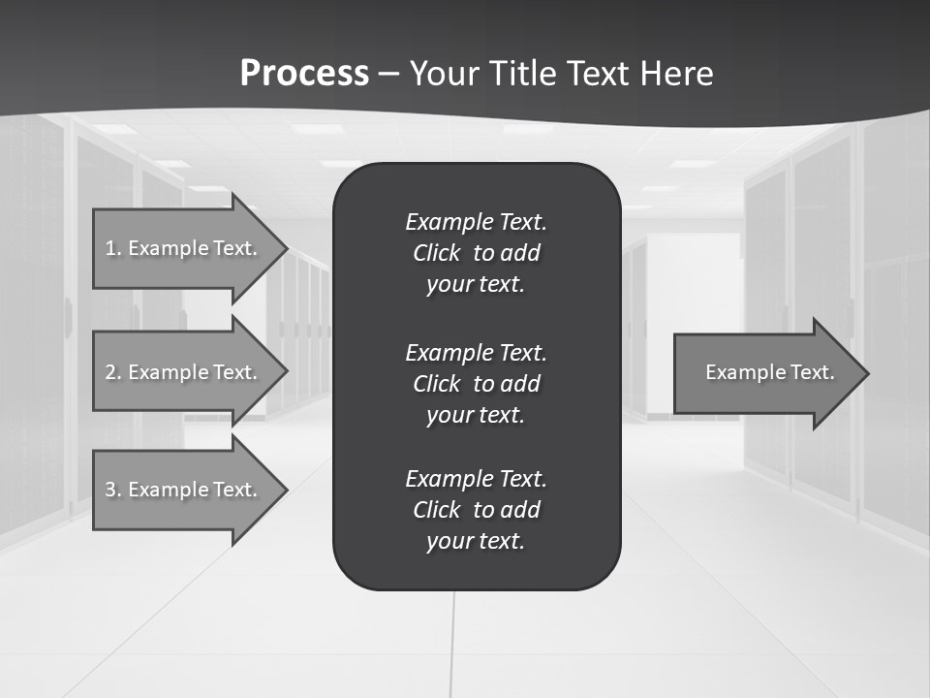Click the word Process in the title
coord(304,74)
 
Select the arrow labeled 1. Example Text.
coord(184,248)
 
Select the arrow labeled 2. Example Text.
coord(184,372)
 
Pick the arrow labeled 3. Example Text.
coord(184,490)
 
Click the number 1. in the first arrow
coord(113,248)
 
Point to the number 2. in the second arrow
coord(113,372)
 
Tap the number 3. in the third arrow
coord(113,490)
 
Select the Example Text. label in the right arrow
coord(769,372)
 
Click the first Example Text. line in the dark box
coord(476,222)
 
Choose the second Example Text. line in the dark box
coord(476,352)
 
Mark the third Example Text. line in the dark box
coord(476,479)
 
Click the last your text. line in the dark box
coord(476,541)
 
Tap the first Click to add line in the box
coord(476,253)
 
